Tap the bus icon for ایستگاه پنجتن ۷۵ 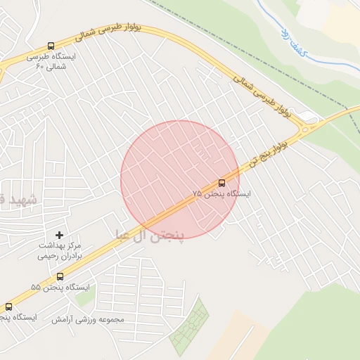pyautogui.click(x=222, y=184)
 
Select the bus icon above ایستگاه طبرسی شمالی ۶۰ pyautogui.click(x=51, y=46)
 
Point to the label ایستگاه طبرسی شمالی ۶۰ pyautogui.click(x=50, y=62)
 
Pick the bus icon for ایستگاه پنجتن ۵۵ pyautogui.click(x=60, y=276)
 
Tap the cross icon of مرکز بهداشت pyautogui.click(x=59, y=234)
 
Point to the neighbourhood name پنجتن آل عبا pyautogui.click(x=148, y=234)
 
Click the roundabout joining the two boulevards pyautogui.click(x=305, y=129)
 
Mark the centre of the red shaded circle pyautogui.click(x=180, y=180)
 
